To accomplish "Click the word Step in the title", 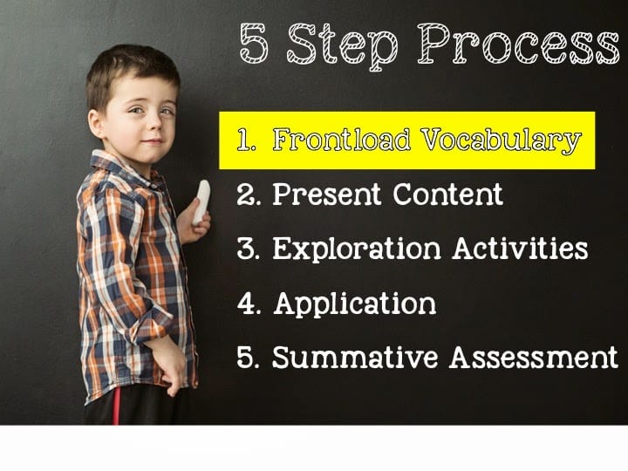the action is click(343, 44).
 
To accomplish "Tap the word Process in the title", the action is click(518, 44).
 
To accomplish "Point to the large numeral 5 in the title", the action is click(254, 43).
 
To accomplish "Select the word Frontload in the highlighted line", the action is click(342, 140).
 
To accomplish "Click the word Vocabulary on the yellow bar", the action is click(501, 141).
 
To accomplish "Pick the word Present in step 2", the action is click(326, 195).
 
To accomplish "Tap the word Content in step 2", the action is click(447, 195).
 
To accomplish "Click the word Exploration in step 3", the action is click(357, 249).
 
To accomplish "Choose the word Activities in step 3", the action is click(520, 249).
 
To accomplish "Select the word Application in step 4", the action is click(355, 304).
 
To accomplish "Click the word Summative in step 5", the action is click(355, 357).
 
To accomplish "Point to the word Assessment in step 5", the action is click(534, 357).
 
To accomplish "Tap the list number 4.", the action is click(249, 304).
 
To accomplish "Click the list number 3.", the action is click(248, 249).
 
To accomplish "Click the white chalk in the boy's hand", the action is click(201, 202).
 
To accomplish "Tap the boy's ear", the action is click(96, 125).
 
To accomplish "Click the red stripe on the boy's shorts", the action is click(117, 406).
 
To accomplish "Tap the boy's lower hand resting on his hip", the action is click(171, 366).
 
